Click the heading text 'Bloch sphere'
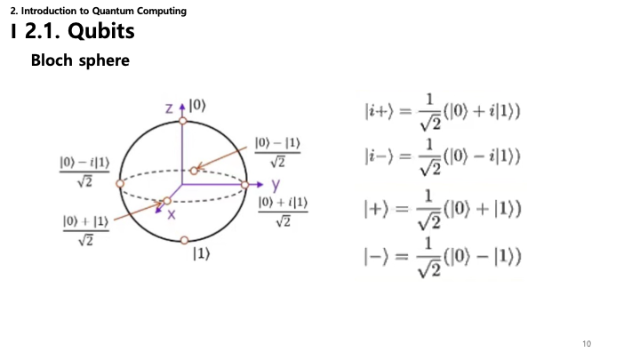80,60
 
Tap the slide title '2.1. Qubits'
80,31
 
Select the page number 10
587,344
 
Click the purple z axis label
169,108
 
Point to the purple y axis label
276,185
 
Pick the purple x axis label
172,214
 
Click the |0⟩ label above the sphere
197,106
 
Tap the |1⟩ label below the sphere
201,254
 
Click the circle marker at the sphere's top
183,121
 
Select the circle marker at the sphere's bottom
185,240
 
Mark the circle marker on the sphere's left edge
120,184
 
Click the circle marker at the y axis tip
245,185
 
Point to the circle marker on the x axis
167,201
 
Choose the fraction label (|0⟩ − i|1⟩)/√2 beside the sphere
84,172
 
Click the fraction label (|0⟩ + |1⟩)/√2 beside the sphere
85,230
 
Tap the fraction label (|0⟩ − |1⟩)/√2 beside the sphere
277,152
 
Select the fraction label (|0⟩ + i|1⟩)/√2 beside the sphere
283,212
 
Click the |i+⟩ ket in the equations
380,111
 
